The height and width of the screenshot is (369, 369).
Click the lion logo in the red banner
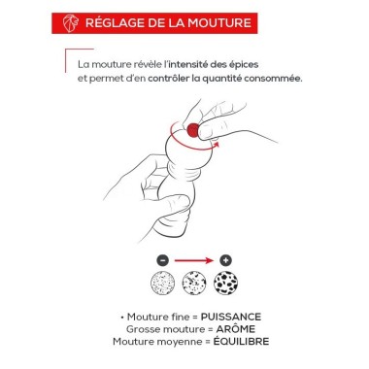pyautogui.click(x=71, y=23)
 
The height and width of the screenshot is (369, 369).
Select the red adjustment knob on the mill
pyautogui.click(x=193, y=130)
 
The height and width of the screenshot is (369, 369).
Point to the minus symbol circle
pyautogui.click(x=163, y=260)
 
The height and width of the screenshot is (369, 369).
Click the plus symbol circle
pyautogui.click(x=225, y=260)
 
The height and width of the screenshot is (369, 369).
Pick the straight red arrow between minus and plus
pyautogui.click(x=194, y=260)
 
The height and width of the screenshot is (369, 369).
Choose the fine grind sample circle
pyautogui.click(x=163, y=283)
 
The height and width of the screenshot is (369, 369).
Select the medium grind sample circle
pyautogui.click(x=194, y=283)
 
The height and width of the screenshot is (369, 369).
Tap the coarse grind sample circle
pyautogui.click(x=225, y=283)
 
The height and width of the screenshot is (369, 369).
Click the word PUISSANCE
pyautogui.click(x=231, y=317)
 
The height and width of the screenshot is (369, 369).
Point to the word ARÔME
pyautogui.click(x=236, y=329)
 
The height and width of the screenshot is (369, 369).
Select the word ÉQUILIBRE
pyautogui.click(x=241, y=341)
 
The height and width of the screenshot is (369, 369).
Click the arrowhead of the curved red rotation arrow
pyautogui.click(x=217, y=145)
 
